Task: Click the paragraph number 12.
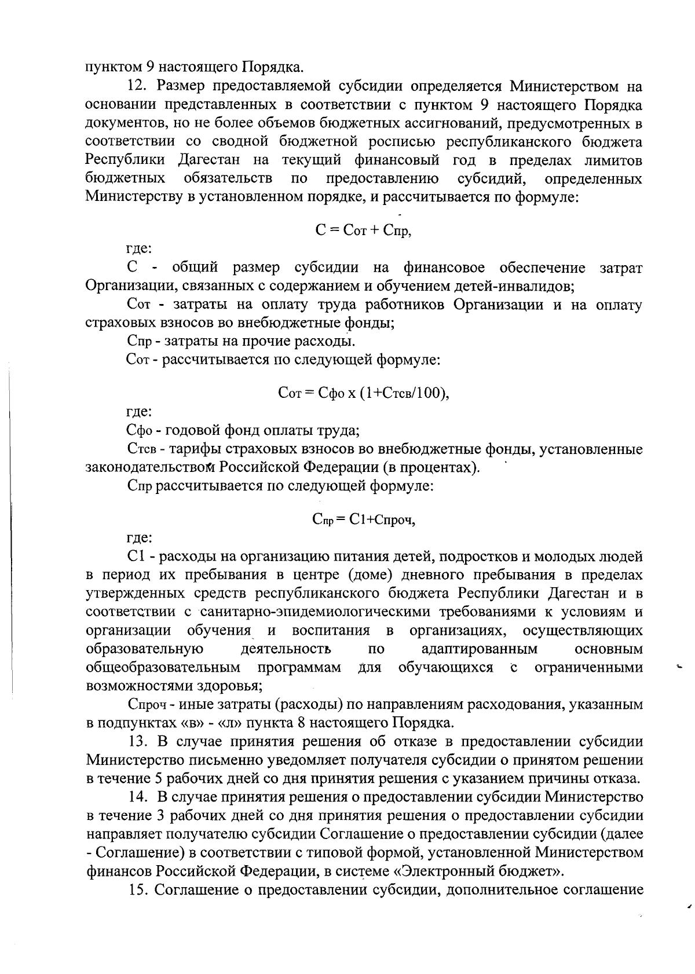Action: pos(137,87)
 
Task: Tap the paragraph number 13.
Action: pos(137,742)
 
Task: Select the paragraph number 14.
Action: pos(137,797)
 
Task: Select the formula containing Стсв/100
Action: pos(364,394)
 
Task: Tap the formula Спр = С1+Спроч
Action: pos(364,520)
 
